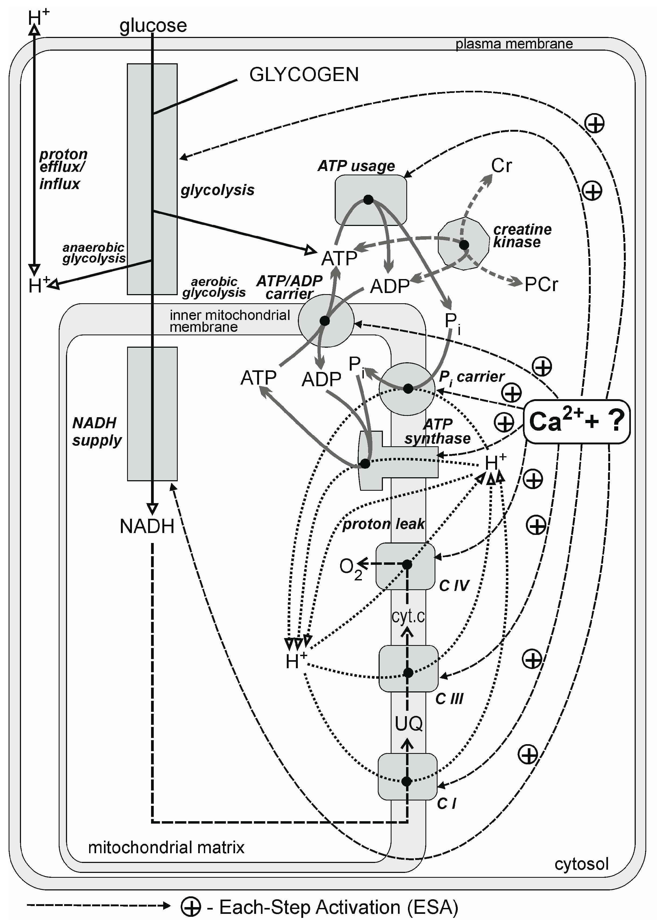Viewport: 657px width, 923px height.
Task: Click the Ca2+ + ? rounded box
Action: coord(576,422)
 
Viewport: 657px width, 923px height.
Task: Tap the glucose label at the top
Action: coord(153,26)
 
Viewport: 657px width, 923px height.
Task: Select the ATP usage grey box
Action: coord(371,200)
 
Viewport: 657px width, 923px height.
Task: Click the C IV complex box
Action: coord(405,566)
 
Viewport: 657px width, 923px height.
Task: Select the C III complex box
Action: coord(408,669)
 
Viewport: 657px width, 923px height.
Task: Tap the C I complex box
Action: coord(407,776)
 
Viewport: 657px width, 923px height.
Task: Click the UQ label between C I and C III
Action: coord(408,723)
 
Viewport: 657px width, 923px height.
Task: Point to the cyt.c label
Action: coord(408,616)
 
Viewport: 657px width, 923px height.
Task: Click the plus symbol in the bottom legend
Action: coord(191,907)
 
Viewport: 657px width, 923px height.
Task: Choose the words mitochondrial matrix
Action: coord(166,847)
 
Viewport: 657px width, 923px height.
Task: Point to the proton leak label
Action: coord(383,524)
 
